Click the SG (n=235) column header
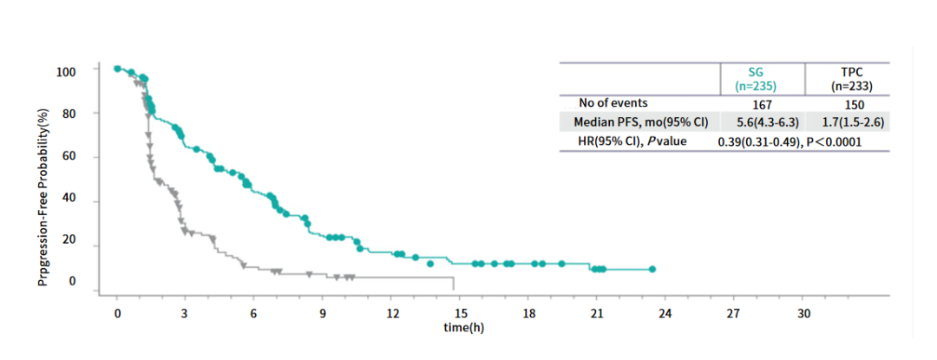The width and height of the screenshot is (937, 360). click(x=754, y=79)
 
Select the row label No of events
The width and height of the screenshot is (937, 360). click(x=613, y=103)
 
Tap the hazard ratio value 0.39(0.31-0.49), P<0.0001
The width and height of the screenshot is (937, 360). click(x=789, y=141)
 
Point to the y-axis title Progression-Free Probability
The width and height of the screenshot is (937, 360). click(x=43, y=198)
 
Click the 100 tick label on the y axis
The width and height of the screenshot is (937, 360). click(x=67, y=70)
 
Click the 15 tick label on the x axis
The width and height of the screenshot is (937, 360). click(x=461, y=312)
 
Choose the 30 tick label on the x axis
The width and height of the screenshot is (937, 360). click(x=803, y=312)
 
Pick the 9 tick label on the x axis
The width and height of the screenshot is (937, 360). click(x=323, y=312)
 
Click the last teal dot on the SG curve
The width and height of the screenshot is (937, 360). click(x=652, y=269)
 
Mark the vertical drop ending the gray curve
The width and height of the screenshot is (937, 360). click(x=454, y=284)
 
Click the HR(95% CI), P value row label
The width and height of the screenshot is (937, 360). click(x=631, y=141)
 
